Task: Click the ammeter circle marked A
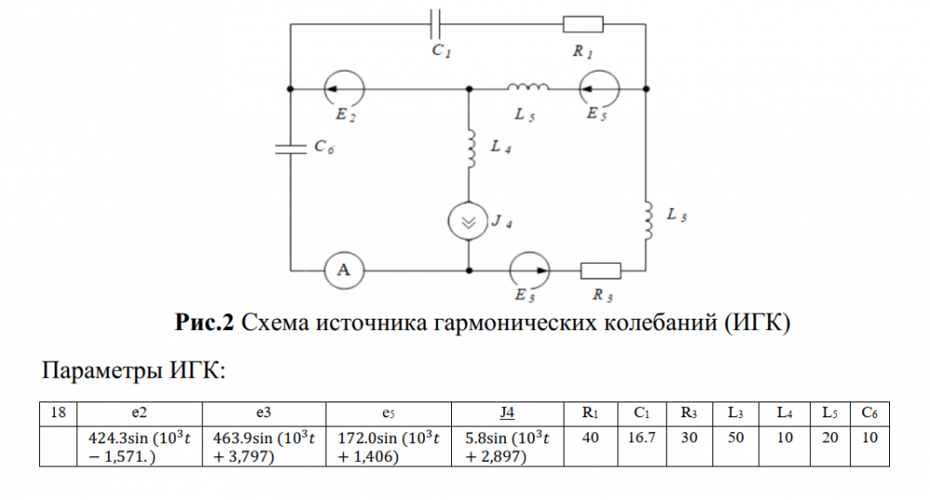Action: pyautogui.click(x=343, y=270)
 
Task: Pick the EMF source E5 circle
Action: pyautogui.click(x=598, y=89)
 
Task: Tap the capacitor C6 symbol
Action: pyautogui.click(x=291, y=146)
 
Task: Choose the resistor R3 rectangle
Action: pyautogui.click(x=600, y=270)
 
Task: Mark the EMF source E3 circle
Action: pyautogui.click(x=529, y=270)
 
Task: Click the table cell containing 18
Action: pyautogui.click(x=58, y=412)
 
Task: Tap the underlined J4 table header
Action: pyautogui.click(x=507, y=412)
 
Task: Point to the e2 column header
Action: pyautogui.click(x=139, y=412)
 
